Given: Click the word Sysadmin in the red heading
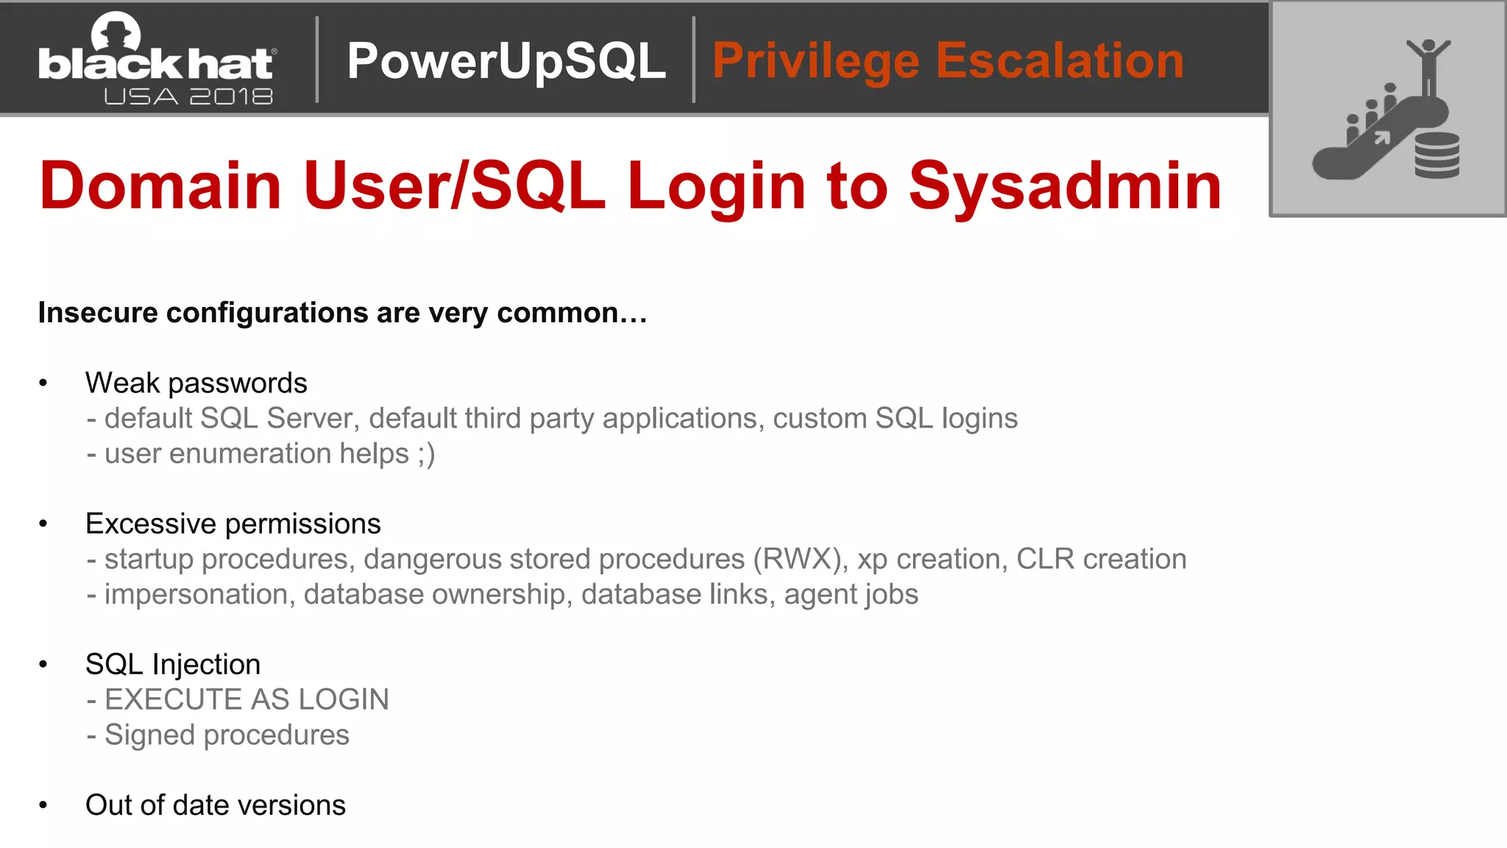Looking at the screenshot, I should pos(1065,185).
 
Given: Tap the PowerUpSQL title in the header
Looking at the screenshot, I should pos(506,60).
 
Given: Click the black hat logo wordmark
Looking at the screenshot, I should pos(156,63).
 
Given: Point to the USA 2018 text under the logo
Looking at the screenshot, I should pos(188,96).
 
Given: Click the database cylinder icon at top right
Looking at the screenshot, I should pos(1436,155).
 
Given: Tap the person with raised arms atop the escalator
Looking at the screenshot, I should pos(1428,66).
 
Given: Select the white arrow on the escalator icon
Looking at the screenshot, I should pos(1382,137).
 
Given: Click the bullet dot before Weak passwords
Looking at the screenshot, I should pos(43,383).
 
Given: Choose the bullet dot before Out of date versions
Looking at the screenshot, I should pos(43,805).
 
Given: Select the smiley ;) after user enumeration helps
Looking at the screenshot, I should pos(426,454).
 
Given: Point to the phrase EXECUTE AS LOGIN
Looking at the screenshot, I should pos(247,699).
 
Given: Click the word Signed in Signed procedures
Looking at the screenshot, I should pos(149,735).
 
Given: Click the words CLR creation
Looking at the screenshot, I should pos(1101,559).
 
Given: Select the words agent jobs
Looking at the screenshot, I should pos(851,595).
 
